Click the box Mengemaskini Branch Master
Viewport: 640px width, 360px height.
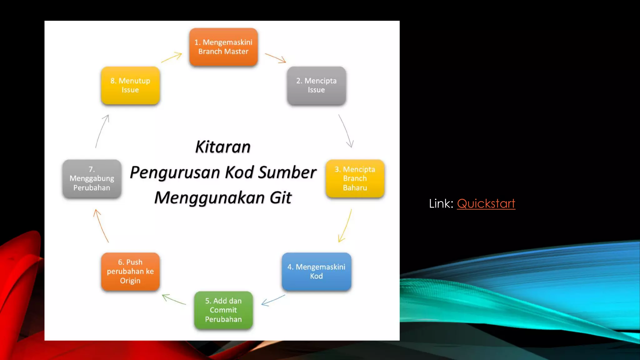[x=223, y=47]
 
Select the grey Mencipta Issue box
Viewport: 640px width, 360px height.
[x=316, y=85]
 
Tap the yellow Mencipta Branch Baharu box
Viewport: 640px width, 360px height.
[x=355, y=178]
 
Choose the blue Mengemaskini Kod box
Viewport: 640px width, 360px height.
[x=316, y=271]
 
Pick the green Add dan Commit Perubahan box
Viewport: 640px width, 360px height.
[x=223, y=310]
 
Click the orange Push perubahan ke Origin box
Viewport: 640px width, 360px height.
[x=130, y=271]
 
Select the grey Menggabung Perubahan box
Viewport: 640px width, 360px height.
[x=92, y=178]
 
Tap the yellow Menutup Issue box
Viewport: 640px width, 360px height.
[x=130, y=85]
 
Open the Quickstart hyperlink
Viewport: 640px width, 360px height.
[x=486, y=204]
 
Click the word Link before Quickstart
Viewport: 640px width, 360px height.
[x=440, y=204]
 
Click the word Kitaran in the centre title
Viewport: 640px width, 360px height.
[x=223, y=147]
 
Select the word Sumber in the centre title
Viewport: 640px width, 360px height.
[x=287, y=172]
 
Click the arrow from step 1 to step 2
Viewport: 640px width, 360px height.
[x=275, y=58]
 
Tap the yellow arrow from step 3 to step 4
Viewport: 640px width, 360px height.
[x=345, y=226]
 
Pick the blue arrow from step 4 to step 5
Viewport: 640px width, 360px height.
[x=273, y=300]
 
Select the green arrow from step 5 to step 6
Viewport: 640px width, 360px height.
[x=174, y=299]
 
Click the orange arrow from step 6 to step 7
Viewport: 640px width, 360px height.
[x=101, y=226]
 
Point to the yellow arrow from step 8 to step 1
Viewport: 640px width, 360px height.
[x=172, y=58]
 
